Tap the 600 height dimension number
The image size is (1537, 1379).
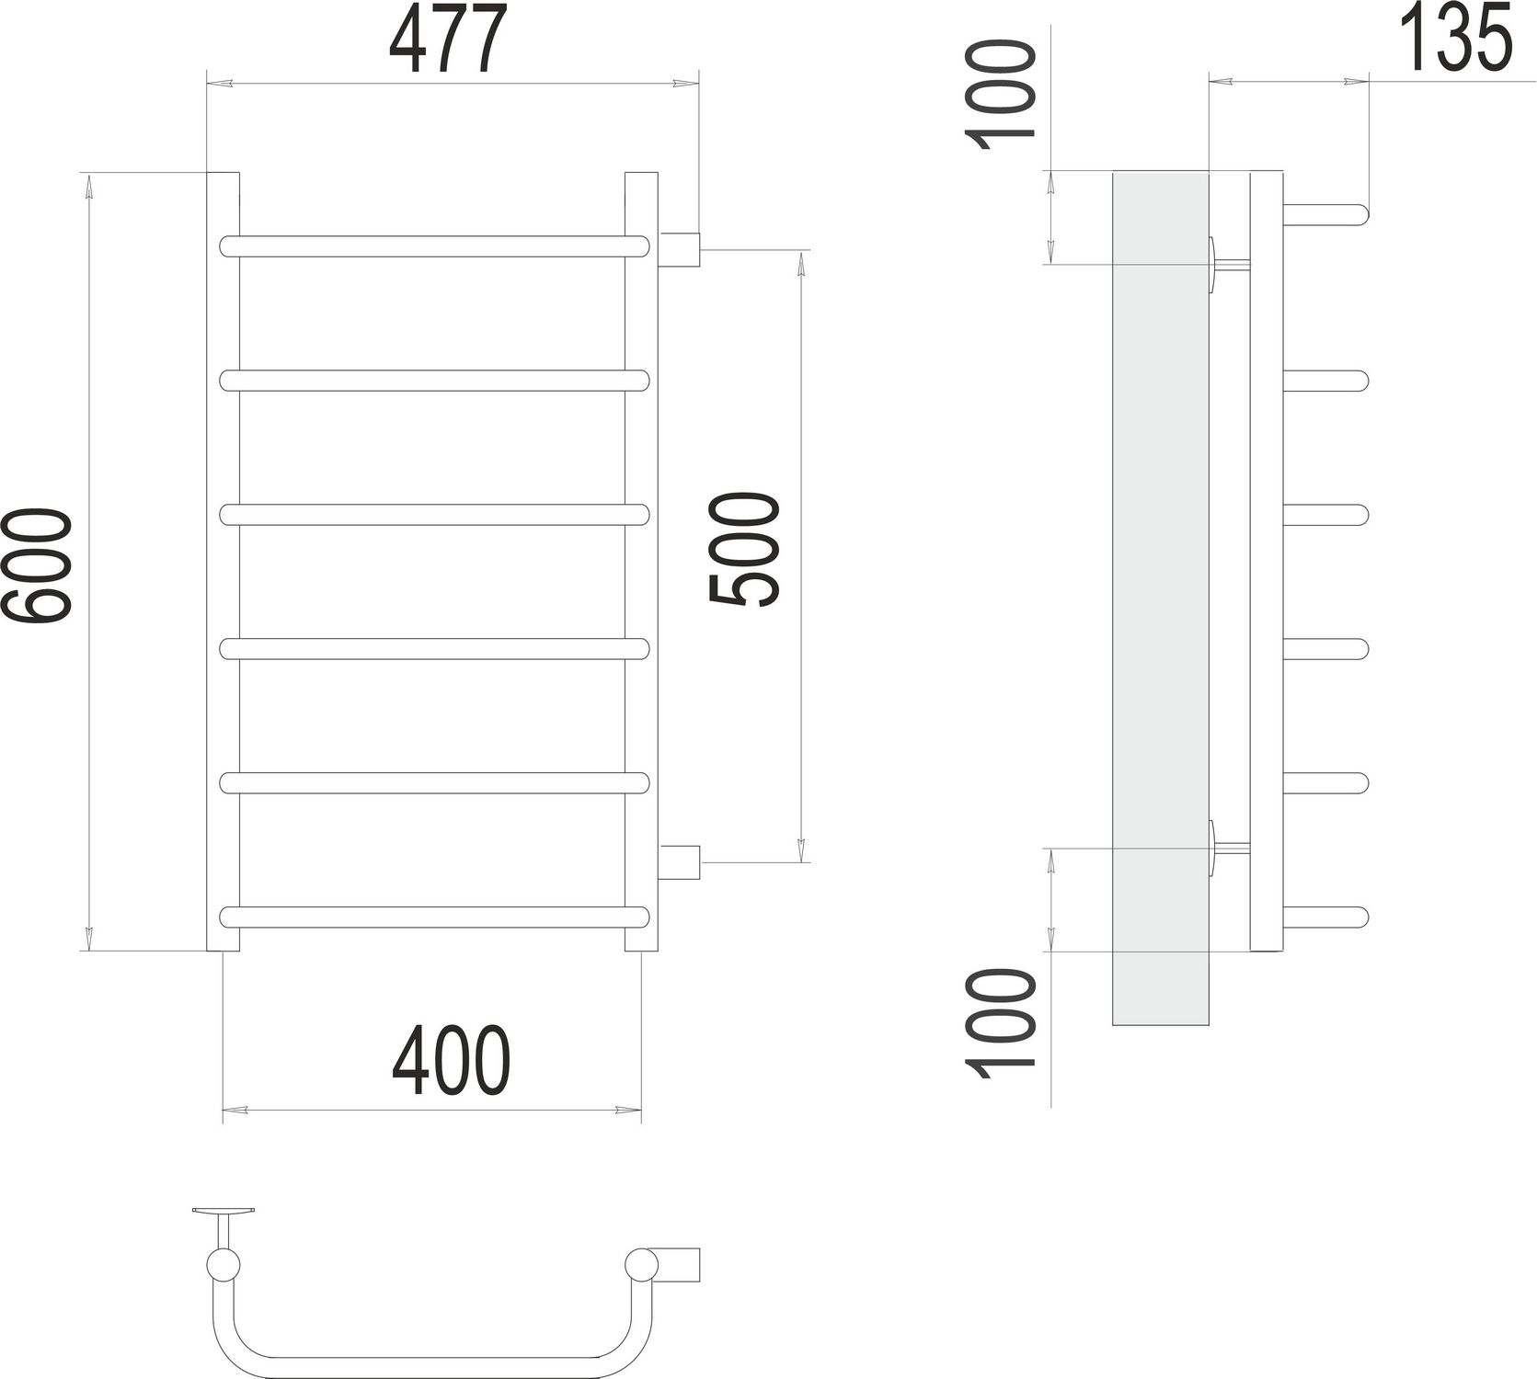pyautogui.click(x=37, y=567)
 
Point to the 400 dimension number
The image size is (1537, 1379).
pyautogui.click(x=450, y=1062)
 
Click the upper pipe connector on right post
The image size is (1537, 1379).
pyautogui.click(x=681, y=248)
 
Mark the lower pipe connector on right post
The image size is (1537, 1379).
pyautogui.click(x=681, y=861)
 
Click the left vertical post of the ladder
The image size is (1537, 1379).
pyautogui.click(x=222, y=561)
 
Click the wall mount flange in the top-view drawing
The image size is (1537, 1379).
pyautogui.click(x=224, y=1212)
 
